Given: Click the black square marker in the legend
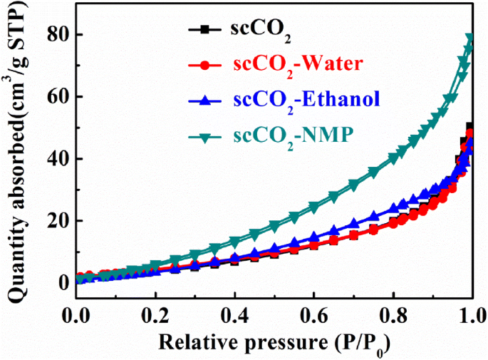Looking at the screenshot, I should point(204,30).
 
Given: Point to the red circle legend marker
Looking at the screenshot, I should point(204,65).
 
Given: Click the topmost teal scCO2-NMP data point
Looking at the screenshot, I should point(469,38).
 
